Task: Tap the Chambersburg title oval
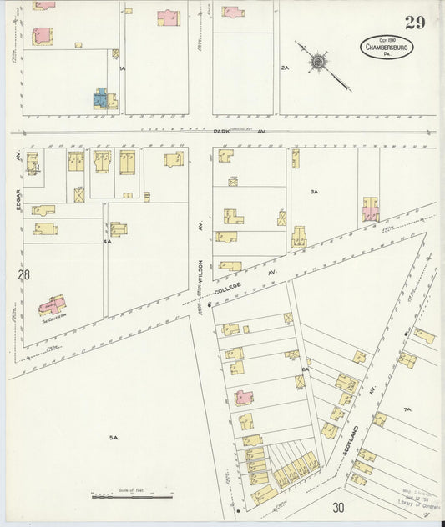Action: [391, 48]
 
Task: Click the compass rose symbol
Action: [319, 62]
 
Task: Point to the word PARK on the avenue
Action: [220, 132]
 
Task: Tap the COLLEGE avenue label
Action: [227, 289]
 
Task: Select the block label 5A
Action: [114, 437]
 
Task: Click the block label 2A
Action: [285, 68]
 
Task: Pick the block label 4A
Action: [106, 241]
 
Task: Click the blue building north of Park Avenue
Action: [99, 99]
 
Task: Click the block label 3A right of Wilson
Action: [314, 193]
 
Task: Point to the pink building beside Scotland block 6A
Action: [244, 398]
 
